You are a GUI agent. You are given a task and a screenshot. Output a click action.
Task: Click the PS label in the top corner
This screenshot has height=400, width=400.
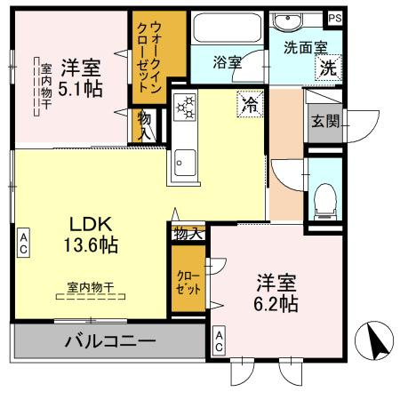(334, 18)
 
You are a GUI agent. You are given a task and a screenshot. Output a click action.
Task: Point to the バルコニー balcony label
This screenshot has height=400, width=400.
(110, 340)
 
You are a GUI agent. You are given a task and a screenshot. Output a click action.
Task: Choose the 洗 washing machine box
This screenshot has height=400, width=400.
(328, 67)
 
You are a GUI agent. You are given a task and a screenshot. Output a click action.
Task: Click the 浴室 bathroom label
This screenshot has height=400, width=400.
(228, 62)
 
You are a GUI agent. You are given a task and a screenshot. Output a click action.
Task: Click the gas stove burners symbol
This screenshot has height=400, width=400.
(187, 108)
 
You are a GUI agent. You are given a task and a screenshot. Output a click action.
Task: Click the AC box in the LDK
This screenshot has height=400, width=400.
(23, 242)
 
